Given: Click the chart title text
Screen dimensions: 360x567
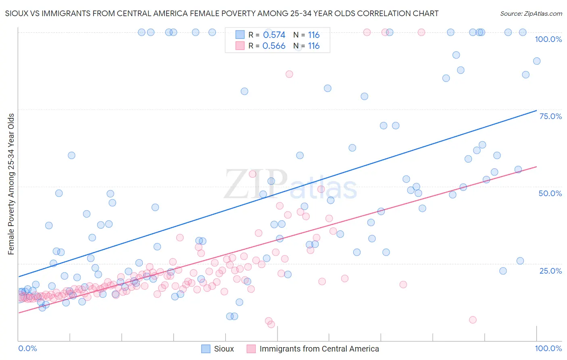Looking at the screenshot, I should [x=221, y=13].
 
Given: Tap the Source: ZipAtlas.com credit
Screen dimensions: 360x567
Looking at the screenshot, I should [x=531, y=13].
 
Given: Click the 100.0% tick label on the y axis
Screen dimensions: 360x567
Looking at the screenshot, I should [x=548, y=39].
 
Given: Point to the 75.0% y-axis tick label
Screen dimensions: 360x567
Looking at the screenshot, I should [x=550, y=116].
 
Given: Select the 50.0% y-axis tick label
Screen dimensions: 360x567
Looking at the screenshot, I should [x=550, y=193].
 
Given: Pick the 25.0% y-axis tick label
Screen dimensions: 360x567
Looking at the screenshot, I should [x=550, y=270].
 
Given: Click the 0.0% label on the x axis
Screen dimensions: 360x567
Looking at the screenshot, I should [x=27, y=348].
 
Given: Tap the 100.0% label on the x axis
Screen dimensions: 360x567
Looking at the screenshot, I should [x=548, y=348].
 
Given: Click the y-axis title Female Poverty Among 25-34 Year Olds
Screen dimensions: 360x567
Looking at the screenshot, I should [x=11, y=184].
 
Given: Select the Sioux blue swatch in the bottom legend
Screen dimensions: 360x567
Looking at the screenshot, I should [x=206, y=349].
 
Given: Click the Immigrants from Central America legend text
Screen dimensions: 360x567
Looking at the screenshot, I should [x=319, y=349].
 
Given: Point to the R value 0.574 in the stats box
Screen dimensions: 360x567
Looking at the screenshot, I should [x=274, y=35].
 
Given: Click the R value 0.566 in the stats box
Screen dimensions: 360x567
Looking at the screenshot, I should [x=274, y=46].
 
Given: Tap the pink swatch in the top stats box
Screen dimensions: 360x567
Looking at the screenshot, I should [x=240, y=46].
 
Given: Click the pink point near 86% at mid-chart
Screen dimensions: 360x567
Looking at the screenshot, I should [x=289, y=74].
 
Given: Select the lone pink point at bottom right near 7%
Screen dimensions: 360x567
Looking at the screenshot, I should [x=473, y=320].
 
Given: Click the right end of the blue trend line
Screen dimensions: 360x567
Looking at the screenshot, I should [x=536, y=110].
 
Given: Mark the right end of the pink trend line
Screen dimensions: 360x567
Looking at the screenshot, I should [x=536, y=166].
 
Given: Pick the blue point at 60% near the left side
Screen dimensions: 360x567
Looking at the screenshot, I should [x=71, y=155].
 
